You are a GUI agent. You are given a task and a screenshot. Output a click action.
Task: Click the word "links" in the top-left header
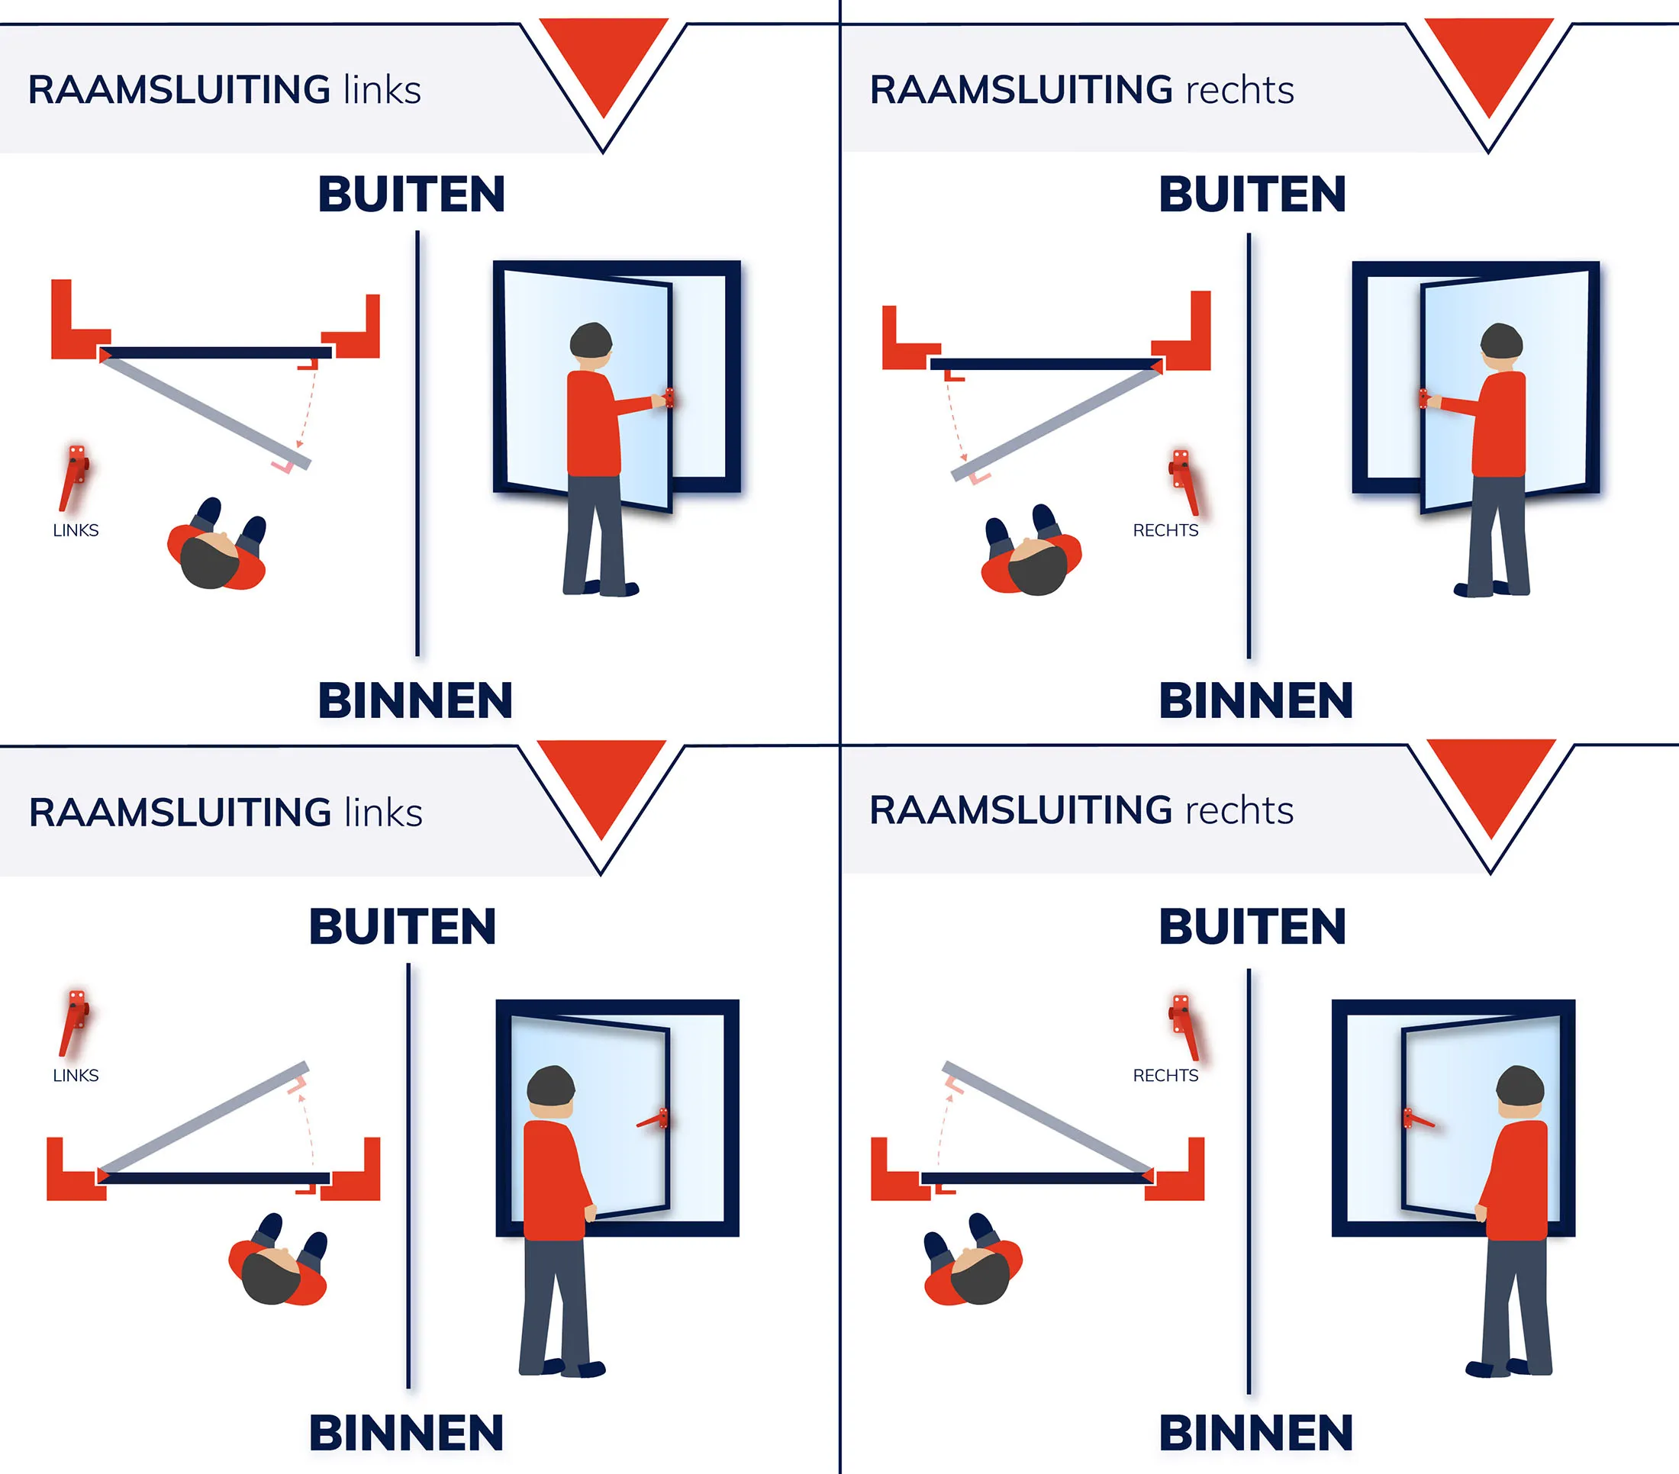tap(382, 89)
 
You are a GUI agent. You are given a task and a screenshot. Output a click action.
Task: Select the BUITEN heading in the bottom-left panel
tap(402, 927)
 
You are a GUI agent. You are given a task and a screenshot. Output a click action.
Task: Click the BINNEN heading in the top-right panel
tap(1256, 700)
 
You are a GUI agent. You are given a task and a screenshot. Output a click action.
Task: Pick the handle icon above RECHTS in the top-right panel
tap(1184, 482)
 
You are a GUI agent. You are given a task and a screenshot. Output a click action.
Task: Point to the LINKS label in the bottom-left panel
tap(76, 1076)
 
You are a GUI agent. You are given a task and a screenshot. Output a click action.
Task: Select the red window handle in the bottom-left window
tap(653, 1118)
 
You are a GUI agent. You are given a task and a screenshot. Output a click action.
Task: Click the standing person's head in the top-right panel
tap(1502, 343)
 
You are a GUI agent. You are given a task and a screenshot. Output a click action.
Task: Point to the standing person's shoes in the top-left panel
tap(601, 588)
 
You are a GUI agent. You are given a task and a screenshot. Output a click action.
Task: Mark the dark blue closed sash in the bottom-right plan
tap(1036, 1179)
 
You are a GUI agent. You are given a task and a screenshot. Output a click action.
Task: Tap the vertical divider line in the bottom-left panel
tap(409, 1176)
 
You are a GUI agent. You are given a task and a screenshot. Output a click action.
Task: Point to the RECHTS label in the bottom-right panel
tap(1165, 1076)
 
